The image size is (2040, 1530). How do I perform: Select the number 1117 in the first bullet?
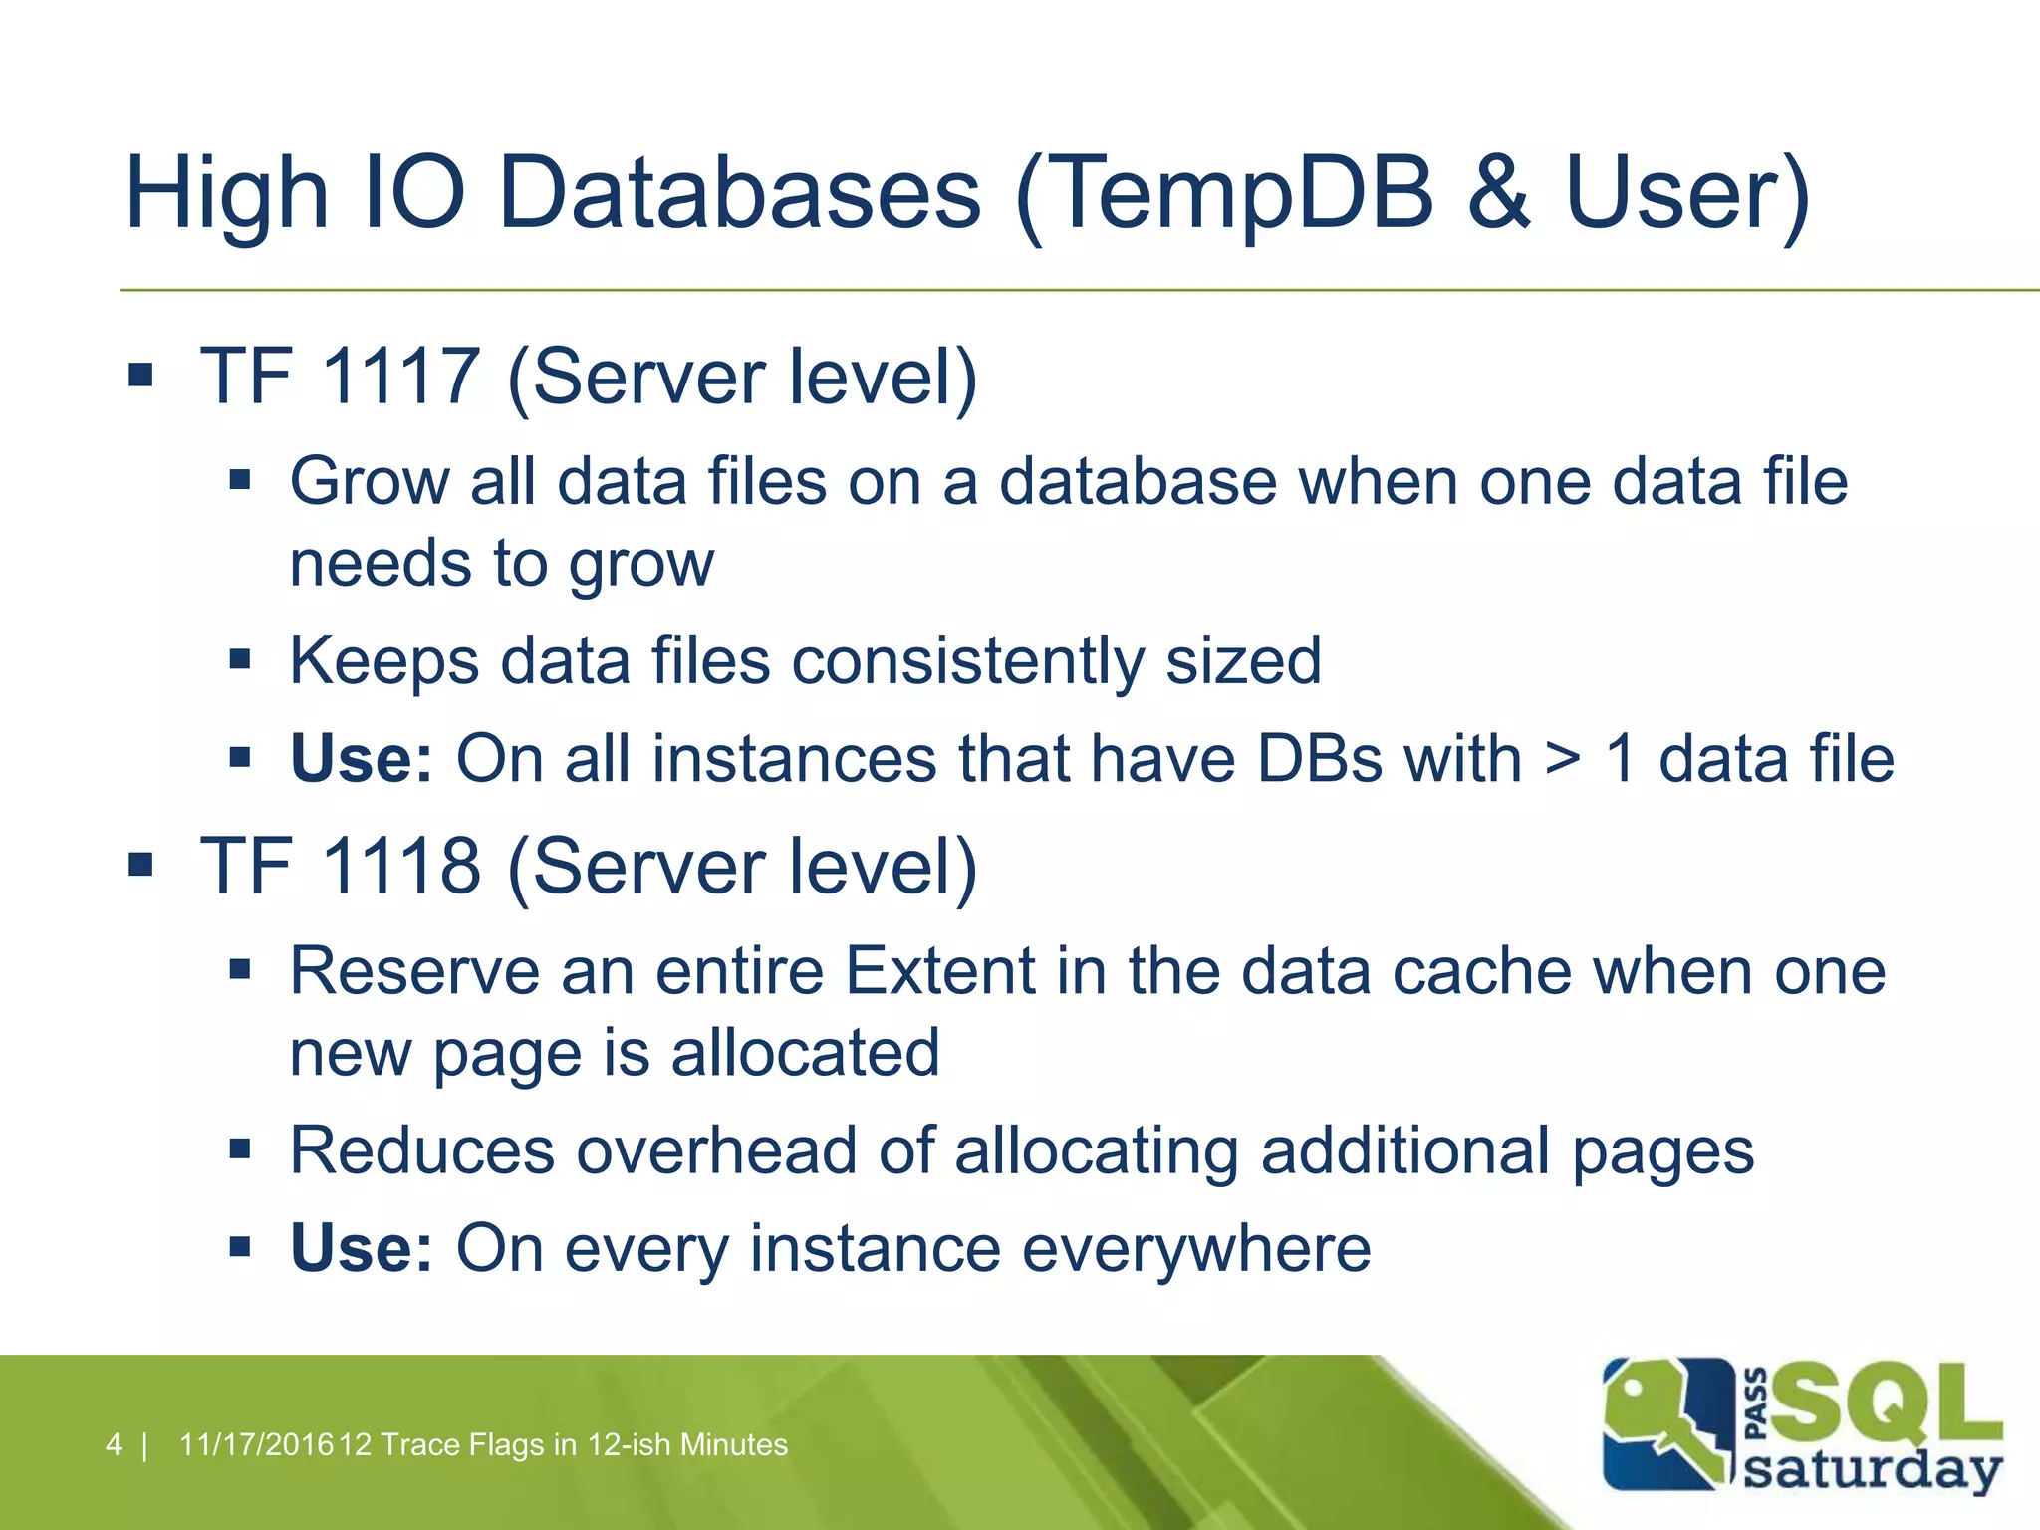click(401, 377)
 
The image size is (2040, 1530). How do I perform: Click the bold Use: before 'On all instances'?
click(362, 759)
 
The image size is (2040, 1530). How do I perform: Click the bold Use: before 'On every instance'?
click(362, 1248)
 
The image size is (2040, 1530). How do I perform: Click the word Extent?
click(940, 971)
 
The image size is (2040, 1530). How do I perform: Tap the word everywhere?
click(1196, 1248)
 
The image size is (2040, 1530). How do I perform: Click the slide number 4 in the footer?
click(114, 1444)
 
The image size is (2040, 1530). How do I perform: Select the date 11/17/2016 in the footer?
click(256, 1444)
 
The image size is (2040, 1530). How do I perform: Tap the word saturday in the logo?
click(1873, 1470)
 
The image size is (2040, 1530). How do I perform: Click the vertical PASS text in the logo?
click(1757, 1404)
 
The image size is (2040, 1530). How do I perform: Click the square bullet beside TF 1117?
click(140, 376)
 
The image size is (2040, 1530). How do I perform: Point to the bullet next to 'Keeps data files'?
click(239, 659)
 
